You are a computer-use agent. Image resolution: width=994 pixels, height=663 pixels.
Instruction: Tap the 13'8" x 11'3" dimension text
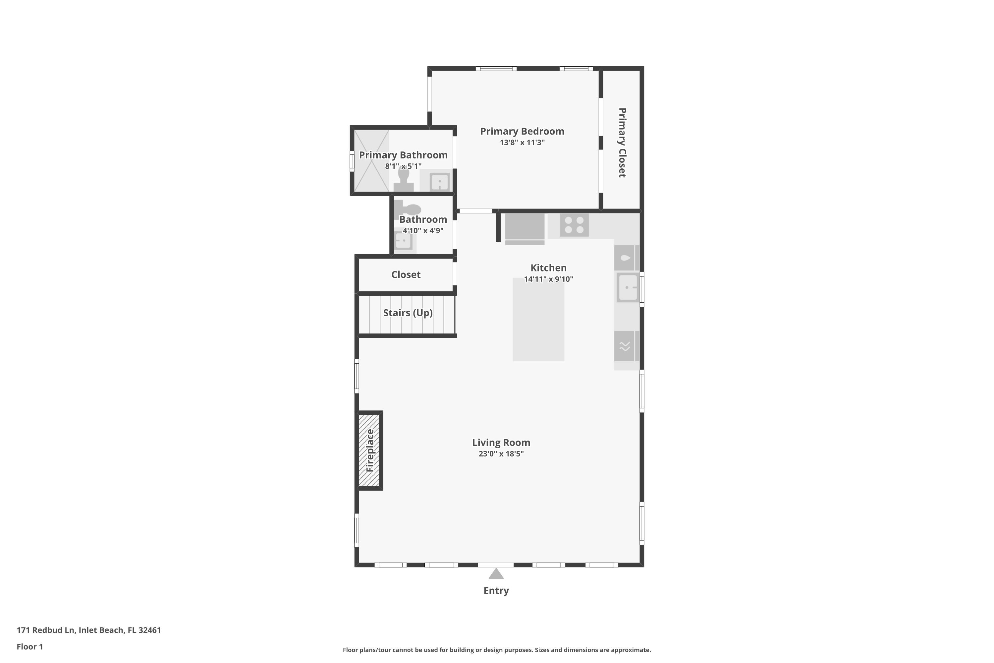tap(522, 143)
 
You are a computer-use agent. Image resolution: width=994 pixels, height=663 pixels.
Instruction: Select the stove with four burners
tap(574, 225)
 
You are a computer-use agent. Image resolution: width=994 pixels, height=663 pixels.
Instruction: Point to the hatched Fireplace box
tap(369, 450)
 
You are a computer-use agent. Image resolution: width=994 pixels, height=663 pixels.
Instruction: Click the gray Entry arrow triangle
tap(496, 574)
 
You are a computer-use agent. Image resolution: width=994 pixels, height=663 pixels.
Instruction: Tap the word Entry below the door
tap(496, 591)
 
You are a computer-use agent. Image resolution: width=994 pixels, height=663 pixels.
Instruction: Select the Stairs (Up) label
tap(408, 313)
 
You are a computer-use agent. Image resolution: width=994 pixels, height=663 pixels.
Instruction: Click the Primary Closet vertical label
tap(622, 143)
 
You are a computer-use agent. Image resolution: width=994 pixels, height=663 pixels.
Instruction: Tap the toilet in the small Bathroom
tap(408, 209)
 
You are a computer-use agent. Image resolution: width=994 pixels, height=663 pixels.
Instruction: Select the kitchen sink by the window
tap(628, 287)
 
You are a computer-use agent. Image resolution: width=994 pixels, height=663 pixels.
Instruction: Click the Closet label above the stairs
tap(406, 275)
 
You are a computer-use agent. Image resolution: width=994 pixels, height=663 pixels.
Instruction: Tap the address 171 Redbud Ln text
tap(89, 630)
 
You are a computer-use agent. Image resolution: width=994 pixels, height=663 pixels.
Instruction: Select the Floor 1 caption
tap(29, 646)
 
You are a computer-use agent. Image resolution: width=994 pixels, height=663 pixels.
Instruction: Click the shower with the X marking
tap(371, 161)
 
